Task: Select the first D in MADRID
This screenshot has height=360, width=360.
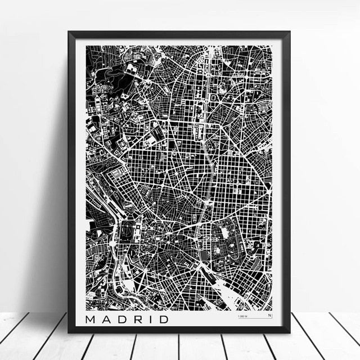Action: (x=121, y=319)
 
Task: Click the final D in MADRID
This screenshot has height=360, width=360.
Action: (x=163, y=319)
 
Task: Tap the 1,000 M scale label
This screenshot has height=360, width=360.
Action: (x=243, y=317)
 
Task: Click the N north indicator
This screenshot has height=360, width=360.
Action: (x=269, y=316)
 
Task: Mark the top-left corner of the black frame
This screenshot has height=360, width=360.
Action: (x=69, y=32)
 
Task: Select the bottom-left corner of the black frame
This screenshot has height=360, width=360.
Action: (x=69, y=332)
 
